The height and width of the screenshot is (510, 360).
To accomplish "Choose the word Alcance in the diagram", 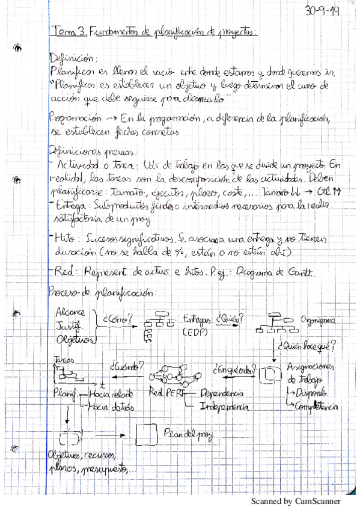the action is tap(70, 313).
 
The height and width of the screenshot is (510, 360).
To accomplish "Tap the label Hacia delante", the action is tap(109, 394).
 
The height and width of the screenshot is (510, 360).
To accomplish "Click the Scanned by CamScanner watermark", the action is tap(295, 501).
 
